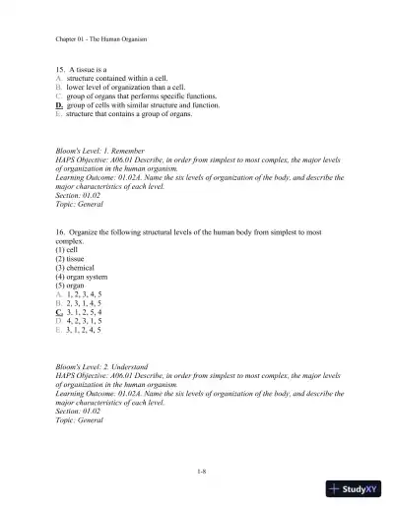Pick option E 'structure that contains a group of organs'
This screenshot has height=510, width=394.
[x=123, y=113]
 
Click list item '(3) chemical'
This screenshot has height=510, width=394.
[x=78, y=268]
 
